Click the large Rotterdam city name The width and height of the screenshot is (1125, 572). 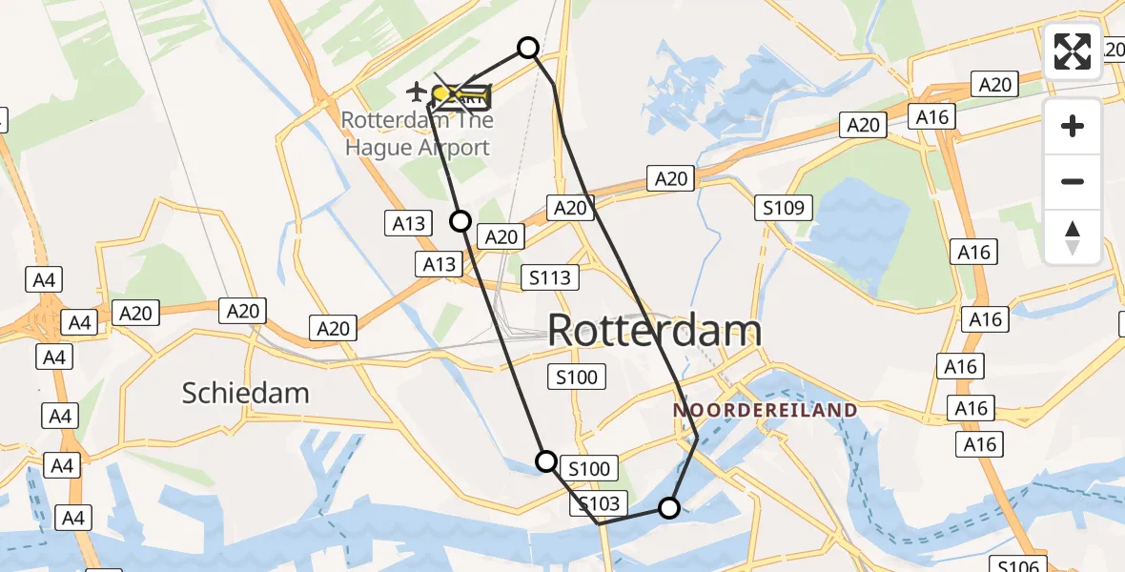655,331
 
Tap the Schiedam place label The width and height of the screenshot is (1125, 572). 245,392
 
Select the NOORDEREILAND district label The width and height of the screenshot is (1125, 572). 766,410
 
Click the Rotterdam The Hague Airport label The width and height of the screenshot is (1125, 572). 418,134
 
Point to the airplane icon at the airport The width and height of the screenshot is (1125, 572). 416,92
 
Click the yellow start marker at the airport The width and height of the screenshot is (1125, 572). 441,93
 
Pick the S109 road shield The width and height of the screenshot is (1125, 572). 784,208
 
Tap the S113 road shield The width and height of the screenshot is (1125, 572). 550,277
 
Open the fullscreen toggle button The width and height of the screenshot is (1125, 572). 1073,51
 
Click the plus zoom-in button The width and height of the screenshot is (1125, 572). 1073,126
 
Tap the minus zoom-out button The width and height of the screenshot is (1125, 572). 1073,181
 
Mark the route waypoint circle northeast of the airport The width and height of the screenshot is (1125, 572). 527,48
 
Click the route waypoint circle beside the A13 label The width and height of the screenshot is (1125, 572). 460,221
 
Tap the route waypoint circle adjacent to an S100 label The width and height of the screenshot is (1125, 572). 546,461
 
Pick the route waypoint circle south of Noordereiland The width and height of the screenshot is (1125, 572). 669,508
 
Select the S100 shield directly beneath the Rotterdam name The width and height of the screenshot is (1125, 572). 578,377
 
